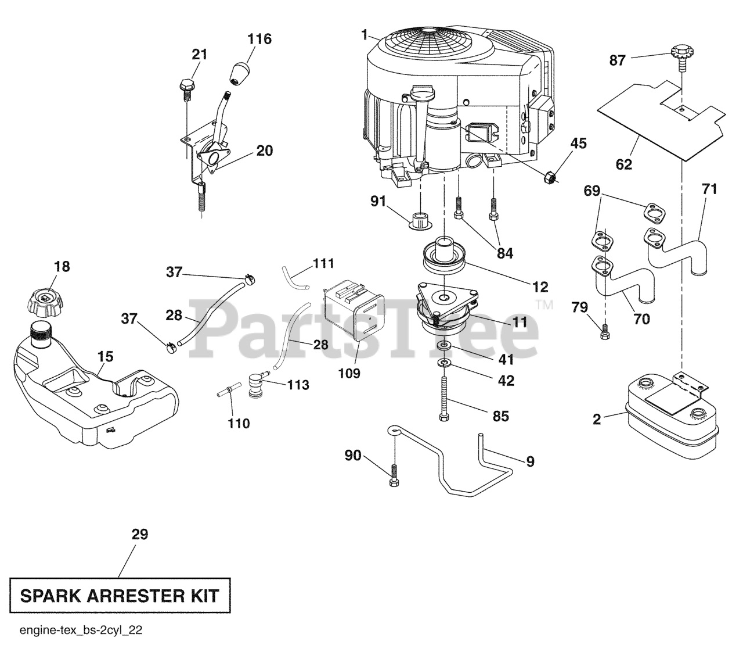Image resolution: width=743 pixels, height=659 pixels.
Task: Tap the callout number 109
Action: pos(349,373)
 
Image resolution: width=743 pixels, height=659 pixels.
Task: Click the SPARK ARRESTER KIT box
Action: pos(120,595)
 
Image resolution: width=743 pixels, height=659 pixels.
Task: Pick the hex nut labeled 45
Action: pos(549,177)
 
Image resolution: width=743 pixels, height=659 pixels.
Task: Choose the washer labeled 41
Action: pos(444,346)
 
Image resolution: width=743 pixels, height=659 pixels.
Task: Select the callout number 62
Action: pos(623,164)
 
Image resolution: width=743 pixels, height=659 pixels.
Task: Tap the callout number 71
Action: pos(709,189)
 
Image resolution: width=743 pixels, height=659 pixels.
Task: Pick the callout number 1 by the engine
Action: pos(364,35)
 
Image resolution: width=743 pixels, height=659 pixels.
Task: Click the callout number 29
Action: pos(140,534)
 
